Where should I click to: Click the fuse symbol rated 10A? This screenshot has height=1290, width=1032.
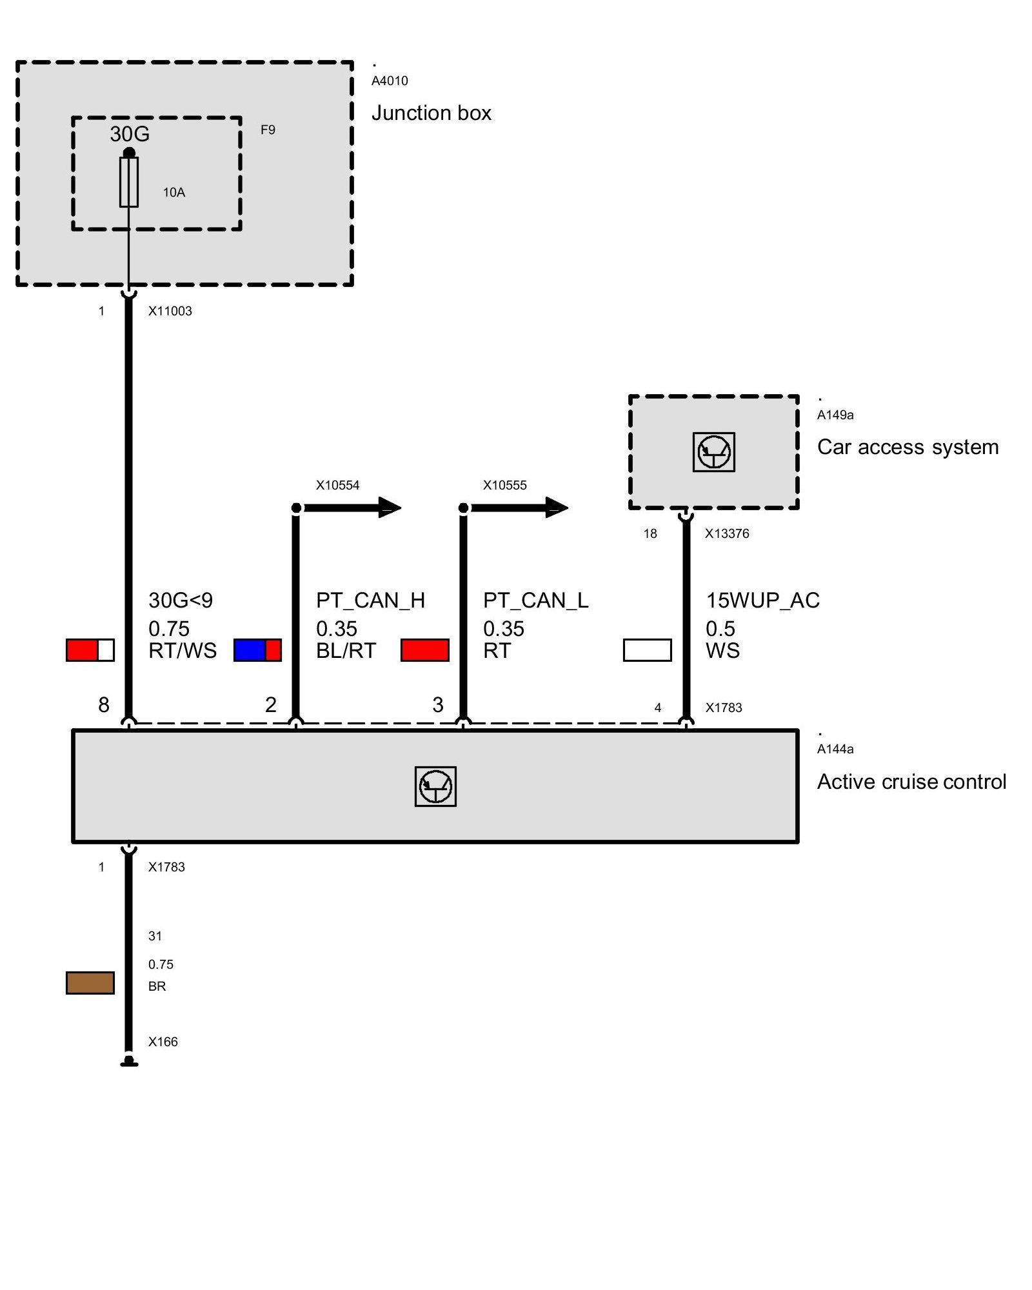[x=129, y=183]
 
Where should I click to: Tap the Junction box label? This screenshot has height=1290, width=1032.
[x=431, y=114]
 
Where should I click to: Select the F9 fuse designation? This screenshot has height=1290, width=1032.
[x=268, y=130]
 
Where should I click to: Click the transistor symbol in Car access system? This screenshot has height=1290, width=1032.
[x=714, y=452]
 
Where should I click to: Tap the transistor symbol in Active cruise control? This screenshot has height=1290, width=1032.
[x=435, y=786]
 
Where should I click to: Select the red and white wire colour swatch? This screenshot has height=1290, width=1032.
[x=90, y=650]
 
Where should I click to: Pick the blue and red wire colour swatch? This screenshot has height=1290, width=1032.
[x=257, y=650]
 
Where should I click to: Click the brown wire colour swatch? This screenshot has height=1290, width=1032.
[x=90, y=983]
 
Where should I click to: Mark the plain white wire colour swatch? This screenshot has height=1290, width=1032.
[x=647, y=650]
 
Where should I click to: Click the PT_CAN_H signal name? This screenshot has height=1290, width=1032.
[x=370, y=600]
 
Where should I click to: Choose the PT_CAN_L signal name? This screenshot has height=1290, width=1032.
[x=535, y=600]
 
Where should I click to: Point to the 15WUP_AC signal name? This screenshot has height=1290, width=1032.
[x=762, y=600]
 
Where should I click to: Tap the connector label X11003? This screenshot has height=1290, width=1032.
[x=170, y=311]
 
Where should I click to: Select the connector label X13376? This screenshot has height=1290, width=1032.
[x=727, y=533]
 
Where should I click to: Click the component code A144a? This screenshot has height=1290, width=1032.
[x=835, y=749]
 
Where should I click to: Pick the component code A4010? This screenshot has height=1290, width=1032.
[x=390, y=81]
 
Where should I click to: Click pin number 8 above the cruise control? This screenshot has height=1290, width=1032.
[x=104, y=705]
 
